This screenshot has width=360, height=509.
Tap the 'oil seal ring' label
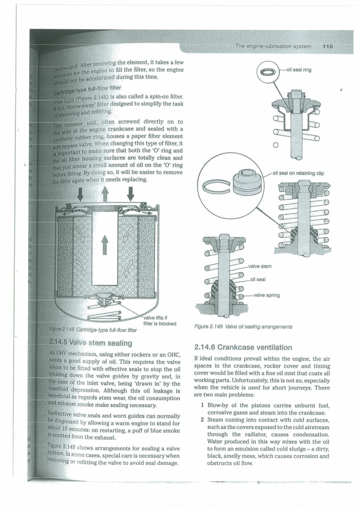point(299,70)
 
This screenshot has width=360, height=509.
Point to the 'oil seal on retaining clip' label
point(298,173)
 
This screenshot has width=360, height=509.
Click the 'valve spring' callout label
point(266,295)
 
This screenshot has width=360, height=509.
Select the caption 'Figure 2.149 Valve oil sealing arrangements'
point(243,327)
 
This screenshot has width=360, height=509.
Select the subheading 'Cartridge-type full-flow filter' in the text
point(87,87)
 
